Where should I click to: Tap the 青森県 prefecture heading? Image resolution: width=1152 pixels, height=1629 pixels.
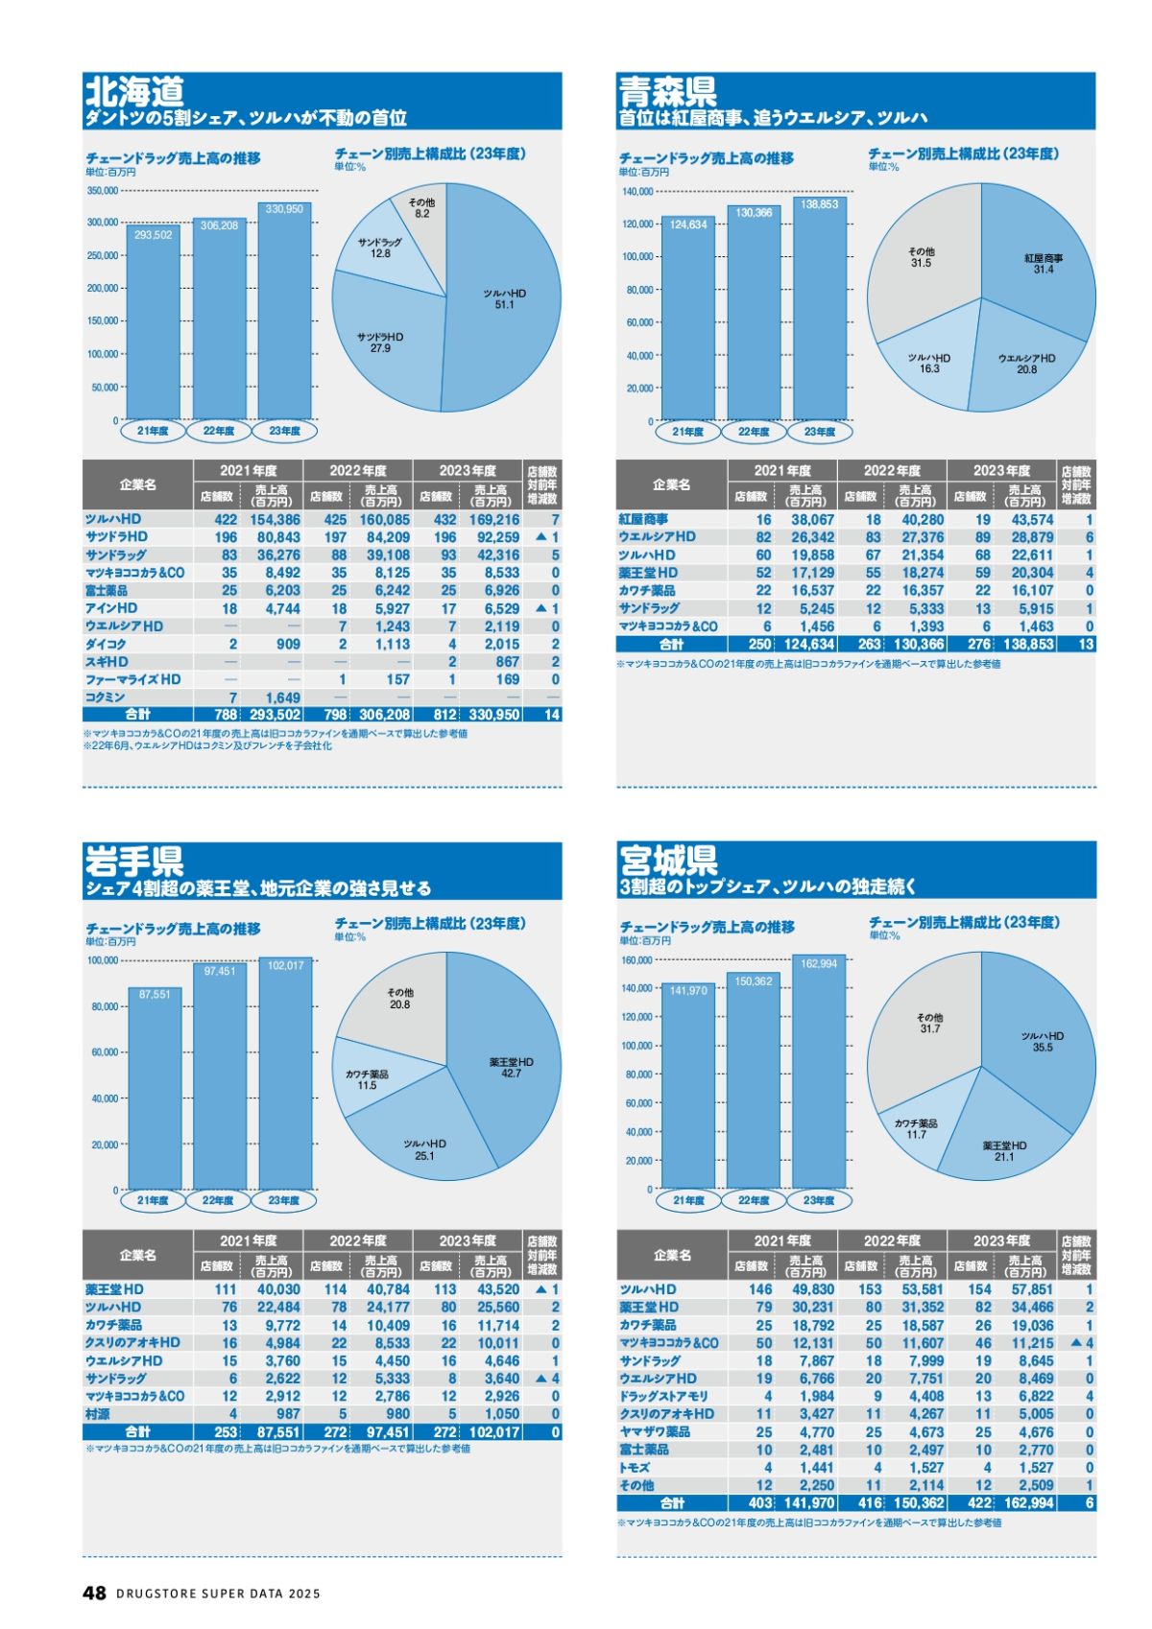(x=668, y=92)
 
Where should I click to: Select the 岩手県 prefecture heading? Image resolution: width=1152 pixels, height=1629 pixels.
(x=134, y=861)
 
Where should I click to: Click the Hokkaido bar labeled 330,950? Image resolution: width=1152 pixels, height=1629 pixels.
(x=284, y=317)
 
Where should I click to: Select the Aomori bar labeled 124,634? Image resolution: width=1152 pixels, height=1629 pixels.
(x=688, y=321)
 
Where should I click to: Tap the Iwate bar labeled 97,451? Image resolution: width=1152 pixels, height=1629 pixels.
(x=219, y=1079)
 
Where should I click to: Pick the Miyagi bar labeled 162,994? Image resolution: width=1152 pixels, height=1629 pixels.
(x=819, y=1074)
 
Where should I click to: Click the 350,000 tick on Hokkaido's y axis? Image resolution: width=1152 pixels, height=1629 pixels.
(x=102, y=191)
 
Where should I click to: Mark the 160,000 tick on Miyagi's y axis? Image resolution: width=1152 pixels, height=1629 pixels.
(x=636, y=960)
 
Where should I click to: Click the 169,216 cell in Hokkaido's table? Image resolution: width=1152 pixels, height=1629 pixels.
(x=494, y=519)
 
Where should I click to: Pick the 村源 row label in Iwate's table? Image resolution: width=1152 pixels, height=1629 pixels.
(x=98, y=1414)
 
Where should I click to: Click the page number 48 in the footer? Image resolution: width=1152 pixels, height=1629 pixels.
(x=94, y=1593)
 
